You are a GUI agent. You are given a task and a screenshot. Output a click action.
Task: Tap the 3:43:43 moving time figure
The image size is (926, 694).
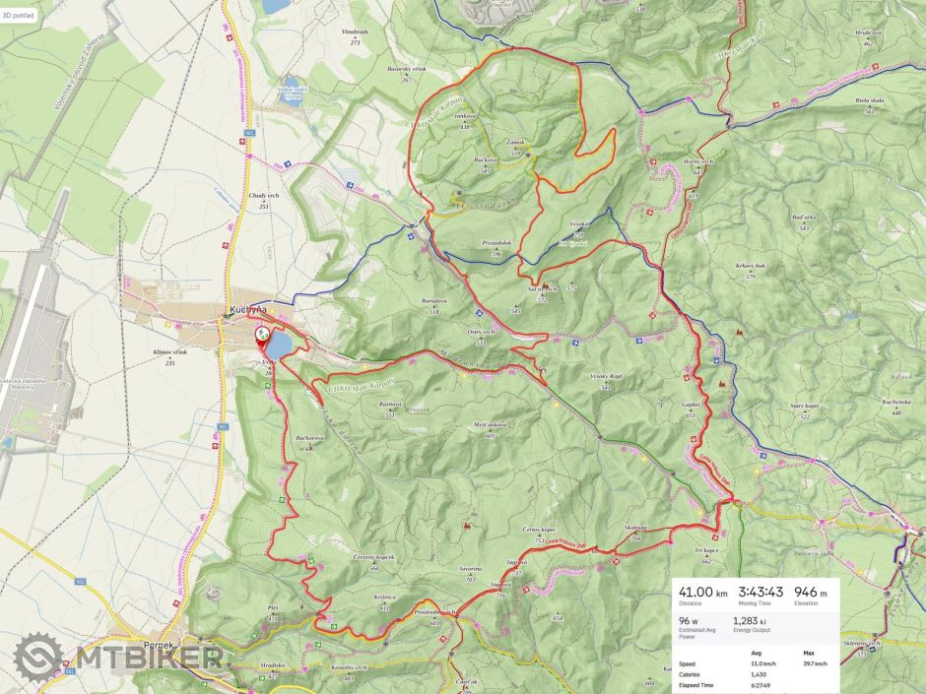coord(761,593)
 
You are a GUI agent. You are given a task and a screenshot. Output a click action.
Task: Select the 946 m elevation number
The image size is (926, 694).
coord(810,593)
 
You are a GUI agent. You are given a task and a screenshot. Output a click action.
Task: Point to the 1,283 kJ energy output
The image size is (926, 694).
coord(751,622)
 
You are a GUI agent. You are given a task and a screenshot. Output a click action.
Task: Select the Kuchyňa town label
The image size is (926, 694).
coord(245,310)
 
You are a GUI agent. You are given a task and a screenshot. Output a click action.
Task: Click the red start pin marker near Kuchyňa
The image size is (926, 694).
coord(263,336)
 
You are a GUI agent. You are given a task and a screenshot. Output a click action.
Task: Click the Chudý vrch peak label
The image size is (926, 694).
coord(264,198)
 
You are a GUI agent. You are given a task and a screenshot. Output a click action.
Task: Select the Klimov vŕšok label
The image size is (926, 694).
coord(169,352)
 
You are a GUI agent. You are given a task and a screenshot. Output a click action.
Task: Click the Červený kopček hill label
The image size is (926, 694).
coord(373,558)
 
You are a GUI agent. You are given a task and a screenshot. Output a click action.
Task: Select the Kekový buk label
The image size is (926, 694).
coord(750,267)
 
